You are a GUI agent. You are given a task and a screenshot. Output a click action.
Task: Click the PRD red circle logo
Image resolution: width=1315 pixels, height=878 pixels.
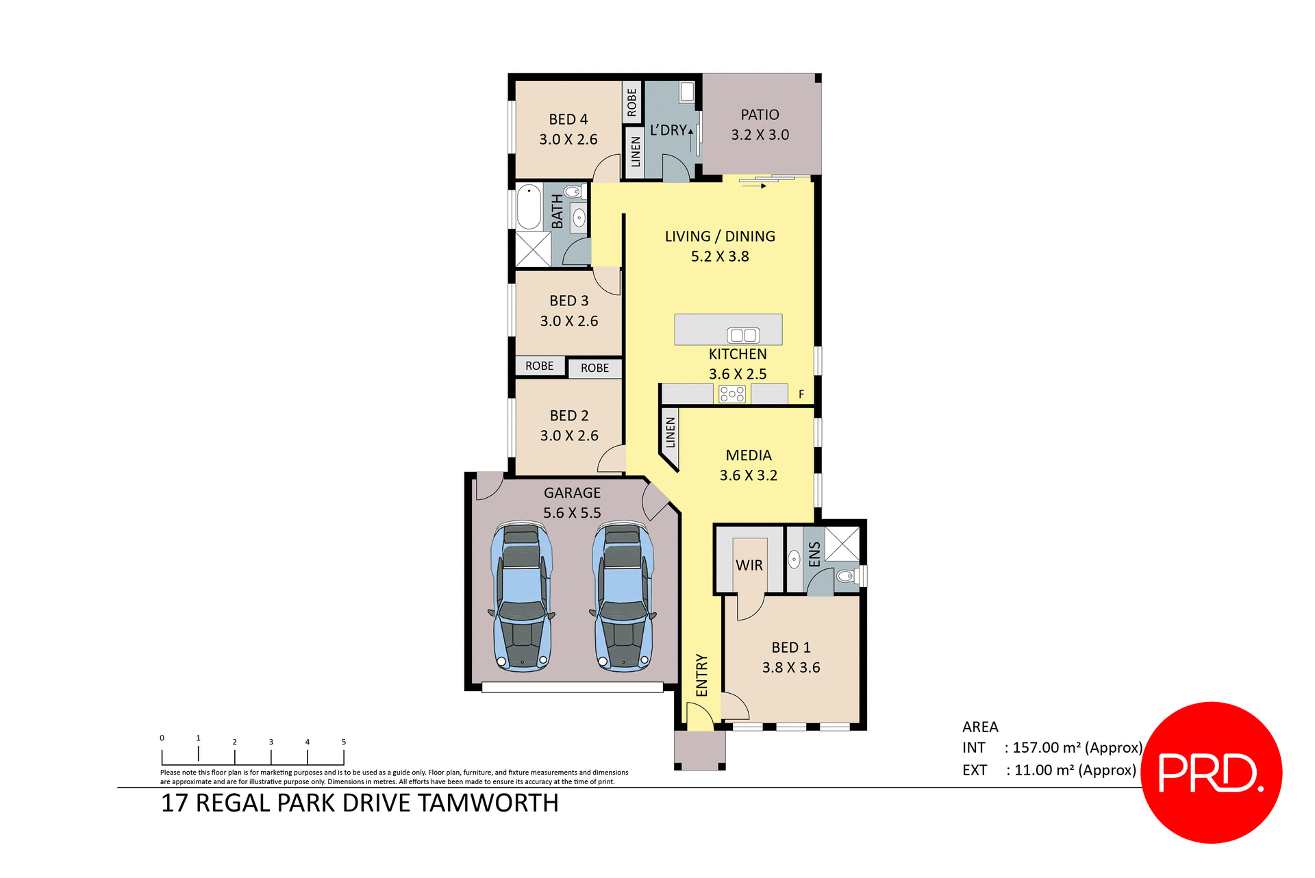click(x=1211, y=772)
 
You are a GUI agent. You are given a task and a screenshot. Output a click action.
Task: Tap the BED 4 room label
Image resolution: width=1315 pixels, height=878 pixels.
click(x=568, y=119)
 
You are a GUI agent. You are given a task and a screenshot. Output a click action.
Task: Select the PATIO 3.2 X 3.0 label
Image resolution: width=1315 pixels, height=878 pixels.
click(x=760, y=125)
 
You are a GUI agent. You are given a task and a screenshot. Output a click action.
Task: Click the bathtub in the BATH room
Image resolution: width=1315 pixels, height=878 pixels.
click(x=529, y=207)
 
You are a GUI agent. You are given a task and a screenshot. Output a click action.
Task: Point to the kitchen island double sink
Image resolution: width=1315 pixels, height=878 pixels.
click(x=743, y=335)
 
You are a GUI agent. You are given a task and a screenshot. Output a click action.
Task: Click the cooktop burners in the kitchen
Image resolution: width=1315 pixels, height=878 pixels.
click(x=731, y=394)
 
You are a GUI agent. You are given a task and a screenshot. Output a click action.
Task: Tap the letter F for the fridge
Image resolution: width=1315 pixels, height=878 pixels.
click(x=801, y=394)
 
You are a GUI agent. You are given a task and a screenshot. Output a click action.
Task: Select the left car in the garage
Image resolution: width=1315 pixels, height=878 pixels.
click(x=522, y=596)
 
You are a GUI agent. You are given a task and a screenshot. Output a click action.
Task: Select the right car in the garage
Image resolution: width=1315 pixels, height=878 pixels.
click(x=623, y=596)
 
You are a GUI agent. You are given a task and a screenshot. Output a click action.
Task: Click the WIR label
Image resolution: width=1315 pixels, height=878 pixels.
click(x=749, y=566)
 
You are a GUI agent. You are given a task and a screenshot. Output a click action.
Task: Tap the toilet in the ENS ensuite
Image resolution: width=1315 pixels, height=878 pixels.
click(x=847, y=575)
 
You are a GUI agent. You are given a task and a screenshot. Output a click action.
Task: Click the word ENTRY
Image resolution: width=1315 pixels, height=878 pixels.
click(x=701, y=675)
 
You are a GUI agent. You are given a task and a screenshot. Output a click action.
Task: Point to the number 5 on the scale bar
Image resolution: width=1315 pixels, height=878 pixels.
click(x=344, y=742)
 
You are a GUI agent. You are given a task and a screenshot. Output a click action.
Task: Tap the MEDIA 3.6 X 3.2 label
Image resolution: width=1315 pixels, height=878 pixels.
click(x=748, y=465)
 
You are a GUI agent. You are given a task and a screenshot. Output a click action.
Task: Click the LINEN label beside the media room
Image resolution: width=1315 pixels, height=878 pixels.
click(x=671, y=433)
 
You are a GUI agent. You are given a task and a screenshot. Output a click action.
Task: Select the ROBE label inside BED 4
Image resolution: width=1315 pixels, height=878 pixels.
click(x=631, y=102)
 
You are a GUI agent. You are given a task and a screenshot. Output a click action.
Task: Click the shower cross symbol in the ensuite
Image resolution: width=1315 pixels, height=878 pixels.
click(x=842, y=544)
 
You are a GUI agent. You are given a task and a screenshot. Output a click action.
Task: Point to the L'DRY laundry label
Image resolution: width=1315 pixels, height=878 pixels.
click(x=668, y=130)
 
